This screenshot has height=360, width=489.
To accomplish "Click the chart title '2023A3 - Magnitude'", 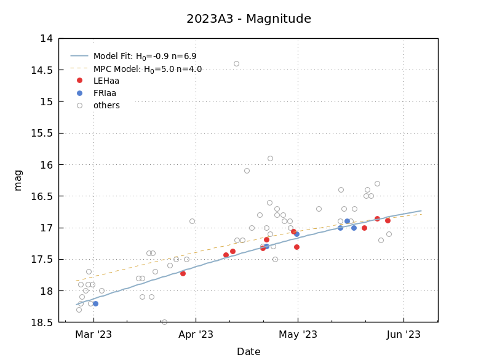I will tap(248, 19).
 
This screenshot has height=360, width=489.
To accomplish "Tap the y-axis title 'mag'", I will tap(18, 180).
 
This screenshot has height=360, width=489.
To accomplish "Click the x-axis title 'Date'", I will tap(248, 352).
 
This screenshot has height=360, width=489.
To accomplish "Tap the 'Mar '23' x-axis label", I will tap(93, 335).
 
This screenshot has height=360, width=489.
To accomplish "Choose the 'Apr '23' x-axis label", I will tap(196, 335).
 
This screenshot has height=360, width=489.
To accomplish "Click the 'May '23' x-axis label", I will tap(298, 335).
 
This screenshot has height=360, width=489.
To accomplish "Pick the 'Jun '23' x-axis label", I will tap(404, 335).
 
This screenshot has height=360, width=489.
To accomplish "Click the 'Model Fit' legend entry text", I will tap(145, 56).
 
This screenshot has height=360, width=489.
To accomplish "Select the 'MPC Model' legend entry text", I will tap(148, 69).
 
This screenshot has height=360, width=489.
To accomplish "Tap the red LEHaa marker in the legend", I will tap(79, 81).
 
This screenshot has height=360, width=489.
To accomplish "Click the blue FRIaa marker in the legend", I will tap(79, 94).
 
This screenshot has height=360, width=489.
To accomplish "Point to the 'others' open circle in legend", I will tap(79, 106).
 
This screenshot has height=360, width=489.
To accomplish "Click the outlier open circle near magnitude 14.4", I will tap(236, 63).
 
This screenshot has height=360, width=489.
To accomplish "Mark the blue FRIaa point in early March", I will tap(95, 303).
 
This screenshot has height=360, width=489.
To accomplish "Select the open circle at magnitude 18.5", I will tap(164, 322).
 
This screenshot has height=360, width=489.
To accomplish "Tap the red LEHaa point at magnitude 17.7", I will tap(183, 273).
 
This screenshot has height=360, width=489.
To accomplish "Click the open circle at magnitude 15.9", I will tap(270, 158).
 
